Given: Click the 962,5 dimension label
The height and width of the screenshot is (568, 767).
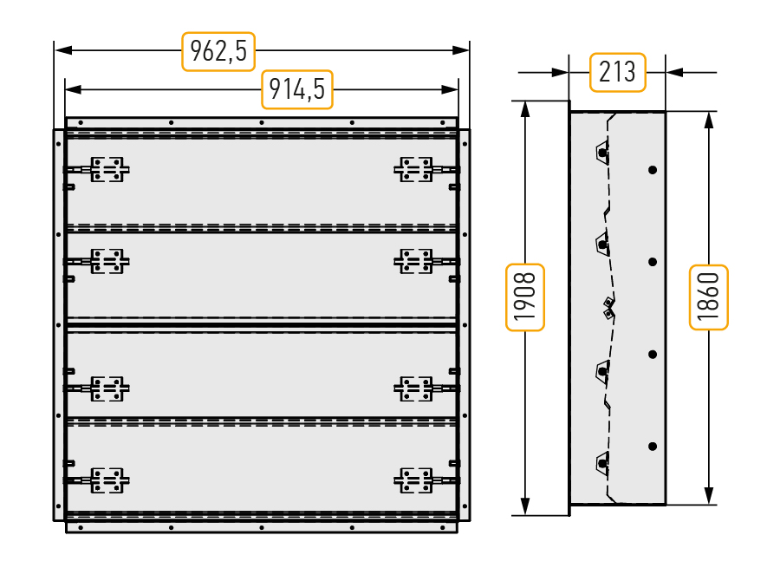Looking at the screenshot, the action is click(218, 51).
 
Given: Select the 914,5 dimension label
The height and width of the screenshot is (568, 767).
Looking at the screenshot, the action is click(297, 89).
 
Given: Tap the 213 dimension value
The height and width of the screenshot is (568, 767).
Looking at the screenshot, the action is click(617, 72).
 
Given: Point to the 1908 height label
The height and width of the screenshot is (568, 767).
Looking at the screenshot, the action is click(525, 297).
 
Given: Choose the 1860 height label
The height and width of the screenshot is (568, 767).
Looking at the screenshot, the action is click(708, 297).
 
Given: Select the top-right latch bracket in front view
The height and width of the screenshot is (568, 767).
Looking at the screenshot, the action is click(413, 169).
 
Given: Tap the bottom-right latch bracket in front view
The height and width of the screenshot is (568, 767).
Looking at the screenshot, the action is click(413, 480).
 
